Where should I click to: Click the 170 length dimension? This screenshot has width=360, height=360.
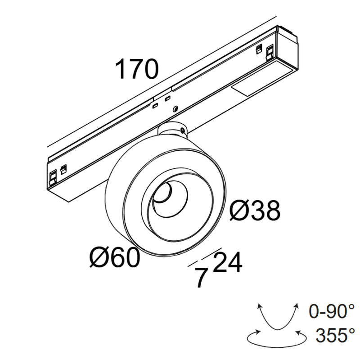coord(137,70)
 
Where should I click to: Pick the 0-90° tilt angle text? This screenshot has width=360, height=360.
coord(332,311)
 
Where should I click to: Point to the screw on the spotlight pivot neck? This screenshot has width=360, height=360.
coord(183,130)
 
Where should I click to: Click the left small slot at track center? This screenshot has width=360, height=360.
coord(155,105)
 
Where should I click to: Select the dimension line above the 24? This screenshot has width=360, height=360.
coord(212,253)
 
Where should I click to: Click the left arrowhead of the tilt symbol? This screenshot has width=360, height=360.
coord(260,306)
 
